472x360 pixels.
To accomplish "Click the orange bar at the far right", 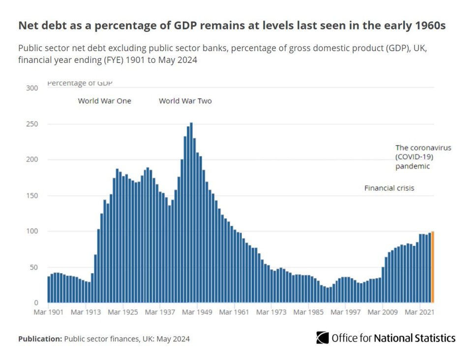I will point(433,267).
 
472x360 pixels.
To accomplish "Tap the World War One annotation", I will point(105,101).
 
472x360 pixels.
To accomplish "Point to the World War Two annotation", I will point(185,101).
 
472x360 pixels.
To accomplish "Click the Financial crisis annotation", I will point(389,188).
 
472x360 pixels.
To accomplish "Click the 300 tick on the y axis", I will point(32,88).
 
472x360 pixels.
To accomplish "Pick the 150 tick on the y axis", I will point(32,196).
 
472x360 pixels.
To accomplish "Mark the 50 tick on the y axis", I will point(33,267).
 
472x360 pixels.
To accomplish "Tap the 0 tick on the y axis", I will point(35,303).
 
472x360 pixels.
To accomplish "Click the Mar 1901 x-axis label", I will point(48,312).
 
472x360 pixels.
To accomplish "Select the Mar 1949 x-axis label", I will point(197,312).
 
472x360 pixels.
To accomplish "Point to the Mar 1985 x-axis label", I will point(309,312).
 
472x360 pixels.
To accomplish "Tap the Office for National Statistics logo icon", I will point(323,338).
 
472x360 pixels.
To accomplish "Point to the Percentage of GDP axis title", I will point(80,84).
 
